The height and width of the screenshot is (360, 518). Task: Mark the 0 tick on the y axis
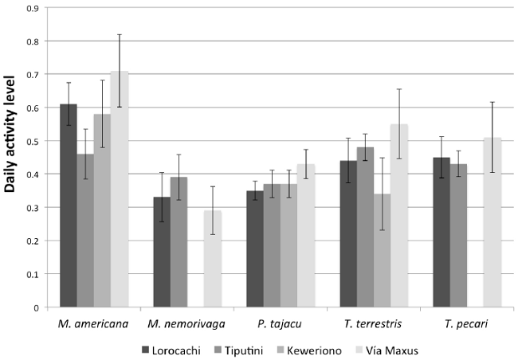[x=36, y=307]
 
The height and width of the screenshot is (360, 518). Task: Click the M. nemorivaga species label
[x=186, y=325]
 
